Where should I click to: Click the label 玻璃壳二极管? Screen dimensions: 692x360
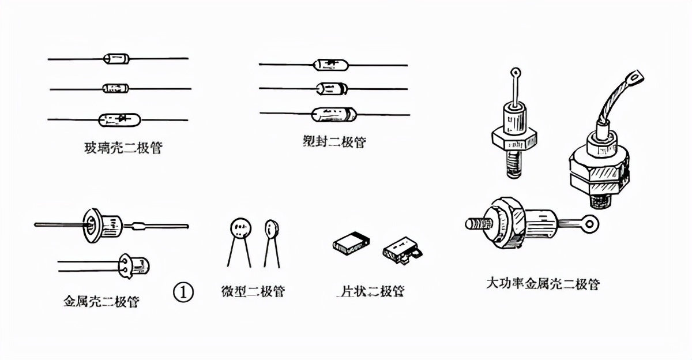click(x=123, y=148)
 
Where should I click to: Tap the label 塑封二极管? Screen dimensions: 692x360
click(x=334, y=142)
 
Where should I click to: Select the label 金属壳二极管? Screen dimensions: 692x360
click(x=101, y=301)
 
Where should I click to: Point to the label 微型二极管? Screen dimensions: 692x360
click(x=253, y=291)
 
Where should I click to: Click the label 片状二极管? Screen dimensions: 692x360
click(x=371, y=291)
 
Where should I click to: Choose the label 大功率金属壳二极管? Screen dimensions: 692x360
click(x=543, y=284)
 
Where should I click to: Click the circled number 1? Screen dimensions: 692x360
click(x=183, y=292)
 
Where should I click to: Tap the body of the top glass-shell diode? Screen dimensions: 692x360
click(x=116, y=58)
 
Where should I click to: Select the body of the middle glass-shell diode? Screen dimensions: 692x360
click(x=116, y=88)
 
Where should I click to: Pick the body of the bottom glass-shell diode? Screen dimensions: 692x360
click(x=119, y=120)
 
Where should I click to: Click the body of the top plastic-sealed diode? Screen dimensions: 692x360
click(x=331, y=65)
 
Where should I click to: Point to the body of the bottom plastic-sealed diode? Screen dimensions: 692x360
click(x=334, y=114)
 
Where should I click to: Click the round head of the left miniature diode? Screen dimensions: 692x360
click(x=240, y=228)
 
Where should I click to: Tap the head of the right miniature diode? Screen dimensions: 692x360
click(x=272, y=229)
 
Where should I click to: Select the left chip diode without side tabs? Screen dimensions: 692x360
click(x=351, y=243)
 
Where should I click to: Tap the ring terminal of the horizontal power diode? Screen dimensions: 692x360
click(x=589, y=224)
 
